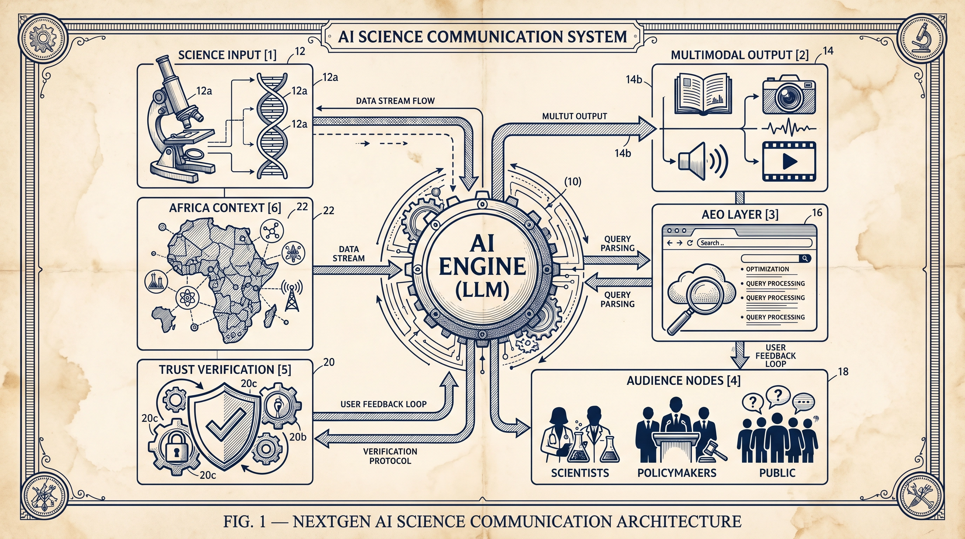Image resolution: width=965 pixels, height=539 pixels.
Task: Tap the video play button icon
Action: [x=789, y=161]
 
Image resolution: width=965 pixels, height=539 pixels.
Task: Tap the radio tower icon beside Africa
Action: [x=291, y=296]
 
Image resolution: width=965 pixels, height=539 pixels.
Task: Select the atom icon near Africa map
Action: [x=186, y=297]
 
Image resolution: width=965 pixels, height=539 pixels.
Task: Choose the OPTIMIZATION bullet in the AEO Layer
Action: [x=767, y=269]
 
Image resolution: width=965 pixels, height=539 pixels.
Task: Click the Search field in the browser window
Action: [x=753, y=243]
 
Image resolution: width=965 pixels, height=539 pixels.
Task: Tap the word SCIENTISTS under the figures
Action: [x=580, y=473]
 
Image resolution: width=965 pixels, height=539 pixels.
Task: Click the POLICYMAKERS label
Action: [x=676, y=473]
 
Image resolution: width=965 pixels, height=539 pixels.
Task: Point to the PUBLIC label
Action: [x=777, y=473]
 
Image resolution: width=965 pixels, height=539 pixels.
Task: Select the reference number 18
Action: [x=843, y=372]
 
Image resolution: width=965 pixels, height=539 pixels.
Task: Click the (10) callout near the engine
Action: [x=572, y=182]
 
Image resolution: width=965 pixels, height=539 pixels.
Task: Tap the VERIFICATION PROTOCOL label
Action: [x=390, y=456]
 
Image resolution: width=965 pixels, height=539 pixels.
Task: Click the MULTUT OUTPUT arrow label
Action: [x=574, y=116]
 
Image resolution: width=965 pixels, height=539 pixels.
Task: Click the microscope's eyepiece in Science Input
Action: [x=163, y=60]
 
